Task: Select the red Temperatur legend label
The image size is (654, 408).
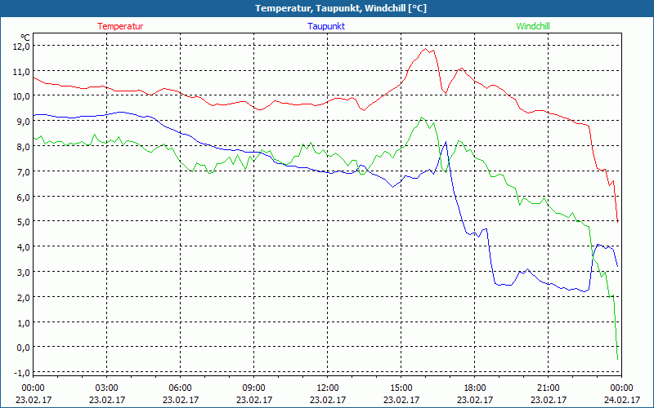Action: [120, 26]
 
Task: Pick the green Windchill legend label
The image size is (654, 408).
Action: [533, 26]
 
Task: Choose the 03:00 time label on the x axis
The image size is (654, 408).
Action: [106, 388]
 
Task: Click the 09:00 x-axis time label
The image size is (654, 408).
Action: [253, 388]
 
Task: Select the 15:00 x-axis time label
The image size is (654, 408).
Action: [401, 388]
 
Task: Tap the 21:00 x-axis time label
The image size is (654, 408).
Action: [548, 388]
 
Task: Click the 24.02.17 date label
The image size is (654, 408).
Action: [621, 400]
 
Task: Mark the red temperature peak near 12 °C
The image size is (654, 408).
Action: [426, 49]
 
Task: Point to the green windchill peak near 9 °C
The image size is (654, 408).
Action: [422, 118]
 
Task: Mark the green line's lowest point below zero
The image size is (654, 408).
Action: [617, 358]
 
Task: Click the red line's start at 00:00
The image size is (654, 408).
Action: [34, 76]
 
